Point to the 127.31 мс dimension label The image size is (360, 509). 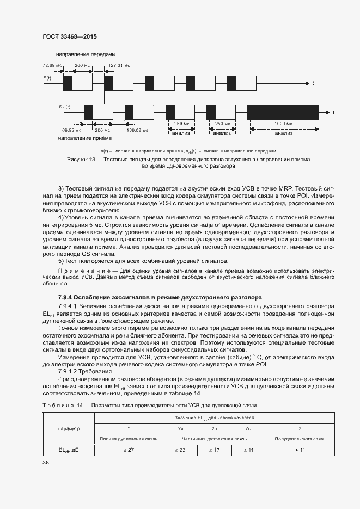[119, 65]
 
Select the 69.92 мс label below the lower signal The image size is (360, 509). [72, 130]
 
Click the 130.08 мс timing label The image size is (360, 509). [137, 130]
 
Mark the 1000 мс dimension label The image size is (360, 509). [283, 124]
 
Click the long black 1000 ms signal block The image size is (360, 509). [283, 112]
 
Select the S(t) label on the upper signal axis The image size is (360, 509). [47, 79]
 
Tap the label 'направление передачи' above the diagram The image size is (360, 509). [85, 54]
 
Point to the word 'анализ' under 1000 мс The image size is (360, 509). [283, 133]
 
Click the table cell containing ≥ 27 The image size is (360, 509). [128, 450]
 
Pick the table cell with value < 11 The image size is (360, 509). [300, 450]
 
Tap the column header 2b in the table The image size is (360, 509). [214, 428]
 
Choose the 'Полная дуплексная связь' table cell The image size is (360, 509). [128, 438]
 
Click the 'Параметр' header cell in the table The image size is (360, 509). [69, 428]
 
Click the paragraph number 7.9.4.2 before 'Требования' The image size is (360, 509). [71, 371]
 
